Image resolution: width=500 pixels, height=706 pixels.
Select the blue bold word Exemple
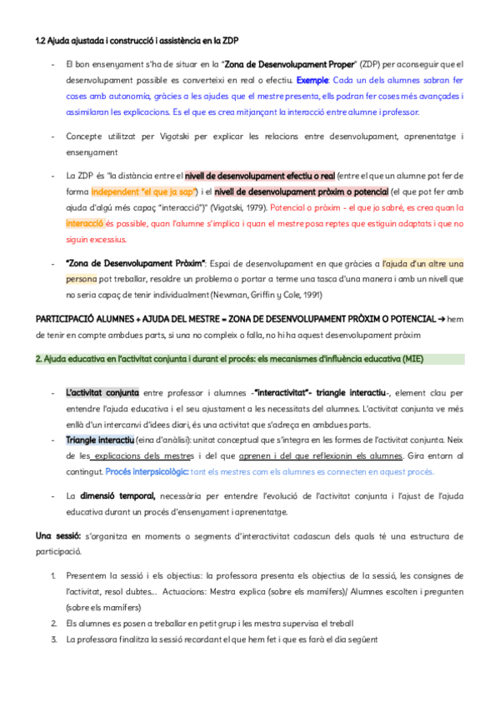[x=312, y=81]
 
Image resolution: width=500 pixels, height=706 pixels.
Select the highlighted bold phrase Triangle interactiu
[x=100, y=439]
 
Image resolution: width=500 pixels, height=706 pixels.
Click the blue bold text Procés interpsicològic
[x=147, y=470]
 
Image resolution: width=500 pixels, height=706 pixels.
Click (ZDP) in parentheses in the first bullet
[x=372, y=64]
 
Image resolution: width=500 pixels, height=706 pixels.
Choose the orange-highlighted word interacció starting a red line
[x=86, y=223]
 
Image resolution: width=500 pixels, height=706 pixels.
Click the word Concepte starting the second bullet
[x=85, y=135]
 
